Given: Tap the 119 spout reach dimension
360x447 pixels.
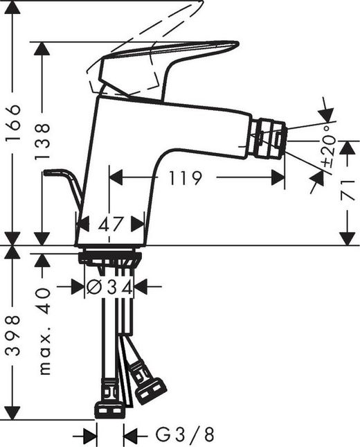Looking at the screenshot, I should coord(184,178).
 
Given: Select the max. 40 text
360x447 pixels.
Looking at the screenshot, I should coord(45,332).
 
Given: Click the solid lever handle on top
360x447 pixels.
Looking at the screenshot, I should coord(166,66).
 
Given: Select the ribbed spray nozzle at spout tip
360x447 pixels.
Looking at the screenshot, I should coord(268,139).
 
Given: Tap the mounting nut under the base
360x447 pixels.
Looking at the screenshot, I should coord(110,258).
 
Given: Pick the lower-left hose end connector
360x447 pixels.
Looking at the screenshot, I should coord(109,408).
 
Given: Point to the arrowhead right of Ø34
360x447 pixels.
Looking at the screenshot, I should coord(141,286).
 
